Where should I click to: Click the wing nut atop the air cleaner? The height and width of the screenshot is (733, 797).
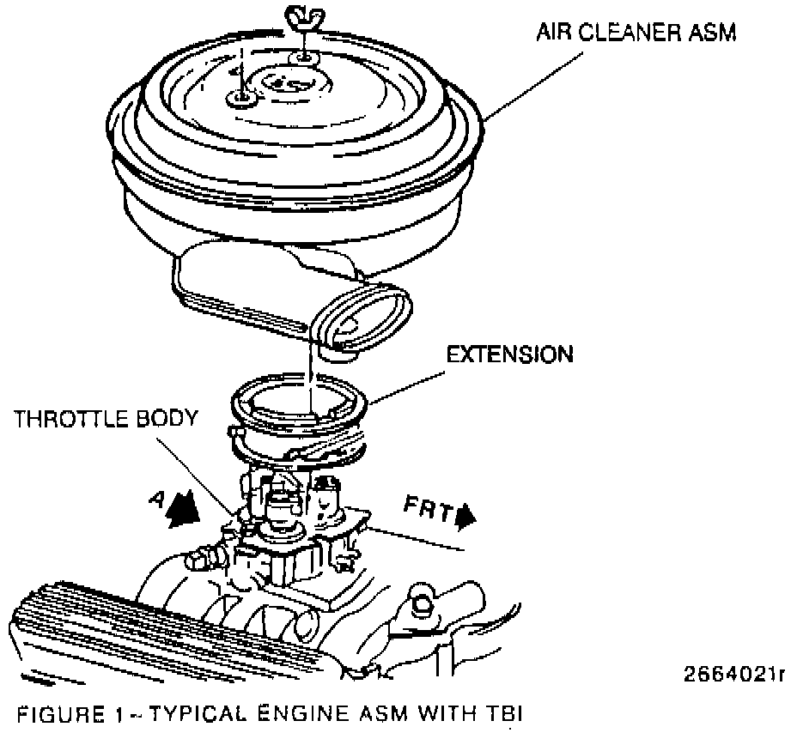tap(305, 15)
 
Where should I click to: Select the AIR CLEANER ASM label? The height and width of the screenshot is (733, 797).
tap(636, 33)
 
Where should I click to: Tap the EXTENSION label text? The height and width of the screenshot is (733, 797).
tap(510, 354)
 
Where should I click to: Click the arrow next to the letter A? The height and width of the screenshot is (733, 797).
tap(185, 509)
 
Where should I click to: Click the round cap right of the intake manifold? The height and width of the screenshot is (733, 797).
tap(422, 600)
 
